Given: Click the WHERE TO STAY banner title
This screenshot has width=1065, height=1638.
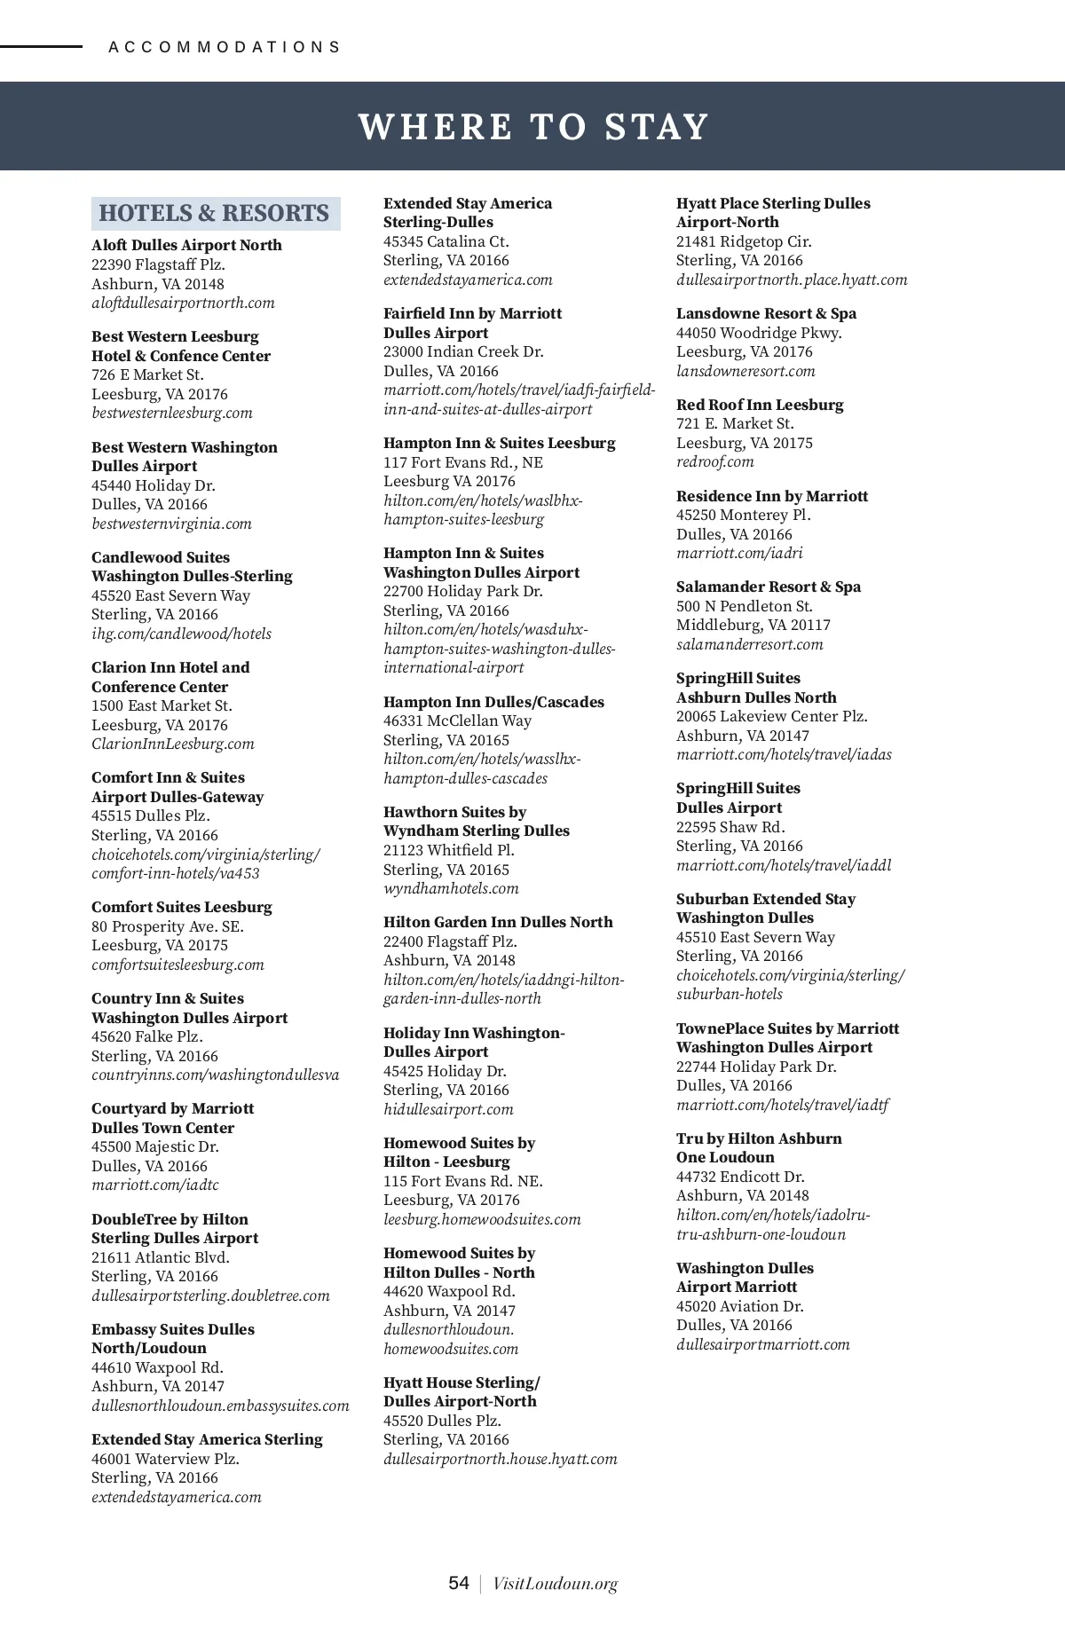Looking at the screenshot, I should coord(532,127).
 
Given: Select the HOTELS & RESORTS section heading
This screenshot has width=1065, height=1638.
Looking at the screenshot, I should coord(214,214).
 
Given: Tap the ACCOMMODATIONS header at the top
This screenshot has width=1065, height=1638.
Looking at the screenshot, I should coord(225,47).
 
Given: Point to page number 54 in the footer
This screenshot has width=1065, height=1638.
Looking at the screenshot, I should coord(459,1583).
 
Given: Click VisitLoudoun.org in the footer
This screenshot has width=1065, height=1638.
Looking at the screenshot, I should coord(555,1584).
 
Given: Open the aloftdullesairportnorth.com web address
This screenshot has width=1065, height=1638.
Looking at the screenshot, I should coord(183,303).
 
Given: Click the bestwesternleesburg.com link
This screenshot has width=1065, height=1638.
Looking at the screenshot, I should coord(171,413).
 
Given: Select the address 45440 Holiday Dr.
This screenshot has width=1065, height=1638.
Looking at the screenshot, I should coord(153,485).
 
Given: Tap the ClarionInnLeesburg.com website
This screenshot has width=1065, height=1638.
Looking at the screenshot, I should coord(172,744).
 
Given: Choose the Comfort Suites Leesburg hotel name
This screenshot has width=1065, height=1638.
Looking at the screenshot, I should coord(181,907).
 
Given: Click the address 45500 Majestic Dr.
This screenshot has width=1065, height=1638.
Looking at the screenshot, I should coord(154,1146).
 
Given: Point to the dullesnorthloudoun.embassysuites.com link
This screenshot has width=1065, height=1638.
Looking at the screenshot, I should coord(220,1406).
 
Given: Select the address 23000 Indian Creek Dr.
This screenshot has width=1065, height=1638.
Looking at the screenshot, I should coord(463,351).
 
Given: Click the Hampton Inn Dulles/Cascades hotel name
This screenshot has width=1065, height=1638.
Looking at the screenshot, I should coord(493,702).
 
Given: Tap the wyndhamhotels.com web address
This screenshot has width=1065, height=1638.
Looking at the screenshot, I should coord(451,889).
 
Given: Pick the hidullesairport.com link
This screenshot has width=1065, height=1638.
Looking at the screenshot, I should coord(448,1109).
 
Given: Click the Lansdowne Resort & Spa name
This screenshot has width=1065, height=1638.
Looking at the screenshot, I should coord(766,313).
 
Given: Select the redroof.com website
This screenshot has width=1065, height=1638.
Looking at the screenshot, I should coord(714,462).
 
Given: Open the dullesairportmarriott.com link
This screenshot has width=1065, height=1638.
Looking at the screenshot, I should coord(762,1344).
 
